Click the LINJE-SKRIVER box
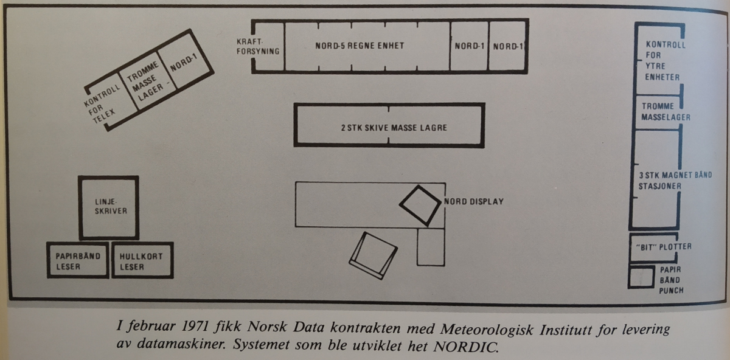coord(108,207)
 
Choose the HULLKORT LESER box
coord(142,260)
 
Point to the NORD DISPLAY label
coord(474,201)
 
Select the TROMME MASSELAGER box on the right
coord(659,111)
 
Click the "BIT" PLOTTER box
coord(654,247)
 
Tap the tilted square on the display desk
coord(420,206)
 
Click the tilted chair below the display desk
coord(372,255)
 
